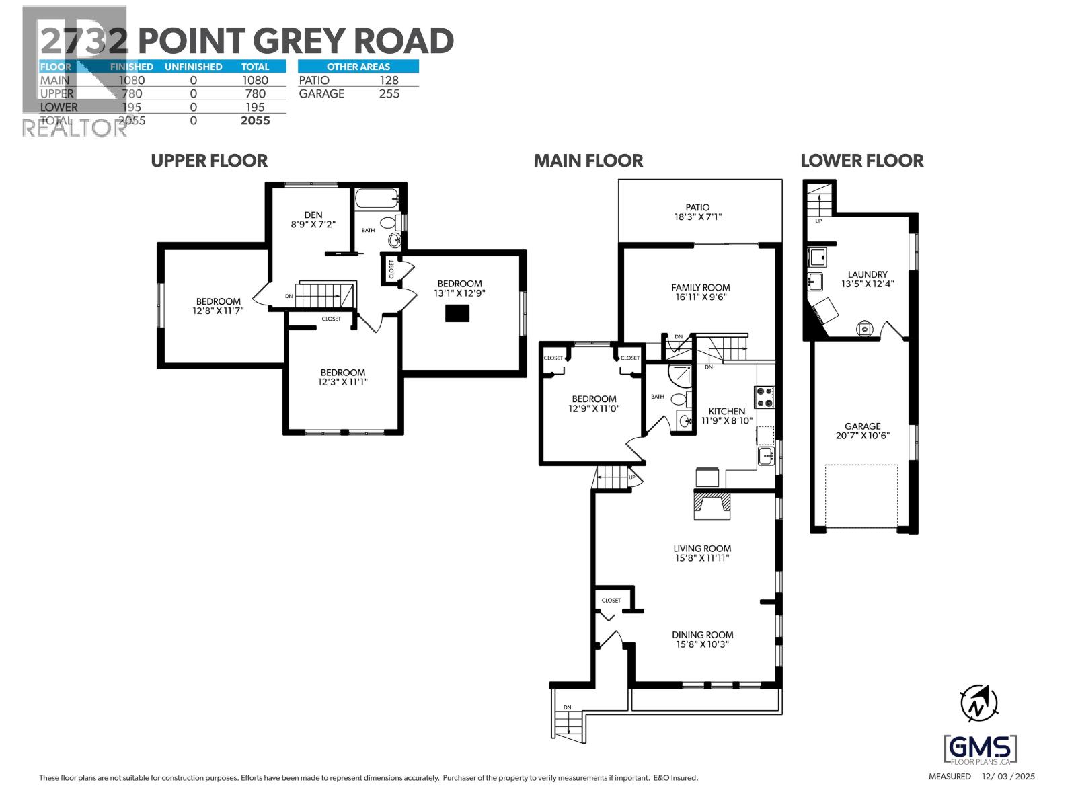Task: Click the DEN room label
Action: pyautogui.click(x=313, y=215)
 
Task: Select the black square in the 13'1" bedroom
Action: pyautogui.click(x=457, y=313)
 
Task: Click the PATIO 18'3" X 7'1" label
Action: pyautogui.click(x=697, y=213)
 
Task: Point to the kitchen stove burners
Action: pyautogui.click(x=765, y=397)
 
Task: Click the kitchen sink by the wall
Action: pyautogui.click(x=766, y=457)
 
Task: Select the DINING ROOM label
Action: pyautogui.click(x=703, y=635)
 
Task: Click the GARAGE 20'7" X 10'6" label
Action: pyautogui.click(x=863, y=430)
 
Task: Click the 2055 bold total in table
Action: pyautogui.click(x=256, y=120)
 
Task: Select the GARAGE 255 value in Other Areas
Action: pyautogui.click(x=389, y=93)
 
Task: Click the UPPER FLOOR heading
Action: pyautogui.click(x=209, y=161)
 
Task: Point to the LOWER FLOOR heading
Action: pyautogui.click(x=862, y=161)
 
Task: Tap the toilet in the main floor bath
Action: pyautogui.click(x=679, y=399)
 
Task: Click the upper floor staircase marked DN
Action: pyautogui.click(x=325, y=295)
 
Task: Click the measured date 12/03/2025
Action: pyautogui.click(x=1008, y=776)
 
